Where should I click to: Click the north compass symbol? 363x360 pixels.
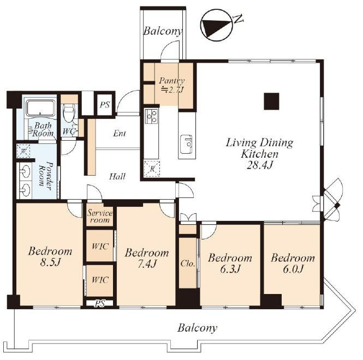coord(216,25)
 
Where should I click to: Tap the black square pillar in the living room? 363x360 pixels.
coord(271,101)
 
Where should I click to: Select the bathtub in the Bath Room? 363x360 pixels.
coord(40,108)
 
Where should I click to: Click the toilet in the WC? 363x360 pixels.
coord(69,113)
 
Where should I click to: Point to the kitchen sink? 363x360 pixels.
coord(187,144)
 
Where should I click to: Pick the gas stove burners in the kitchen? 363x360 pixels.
coord(151,116)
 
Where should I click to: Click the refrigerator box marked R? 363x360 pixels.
coord(152,169)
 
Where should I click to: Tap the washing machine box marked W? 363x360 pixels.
coord(23,151)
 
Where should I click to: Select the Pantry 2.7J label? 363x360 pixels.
coord(171,85)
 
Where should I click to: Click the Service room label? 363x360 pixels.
coord(100,217)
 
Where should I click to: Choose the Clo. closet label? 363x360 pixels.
coord(188,263)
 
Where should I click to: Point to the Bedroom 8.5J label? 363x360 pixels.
coord(50,256)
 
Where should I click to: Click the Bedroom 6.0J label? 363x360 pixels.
coord(293,263)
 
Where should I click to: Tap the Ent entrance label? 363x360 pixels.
coord(120,133)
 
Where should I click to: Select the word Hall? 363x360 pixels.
coord(117,177)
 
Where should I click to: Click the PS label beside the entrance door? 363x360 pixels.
coord(105,105)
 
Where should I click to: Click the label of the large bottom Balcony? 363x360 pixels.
coord(198,328)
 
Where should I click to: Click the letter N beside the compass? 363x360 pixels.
coord(238,19)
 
